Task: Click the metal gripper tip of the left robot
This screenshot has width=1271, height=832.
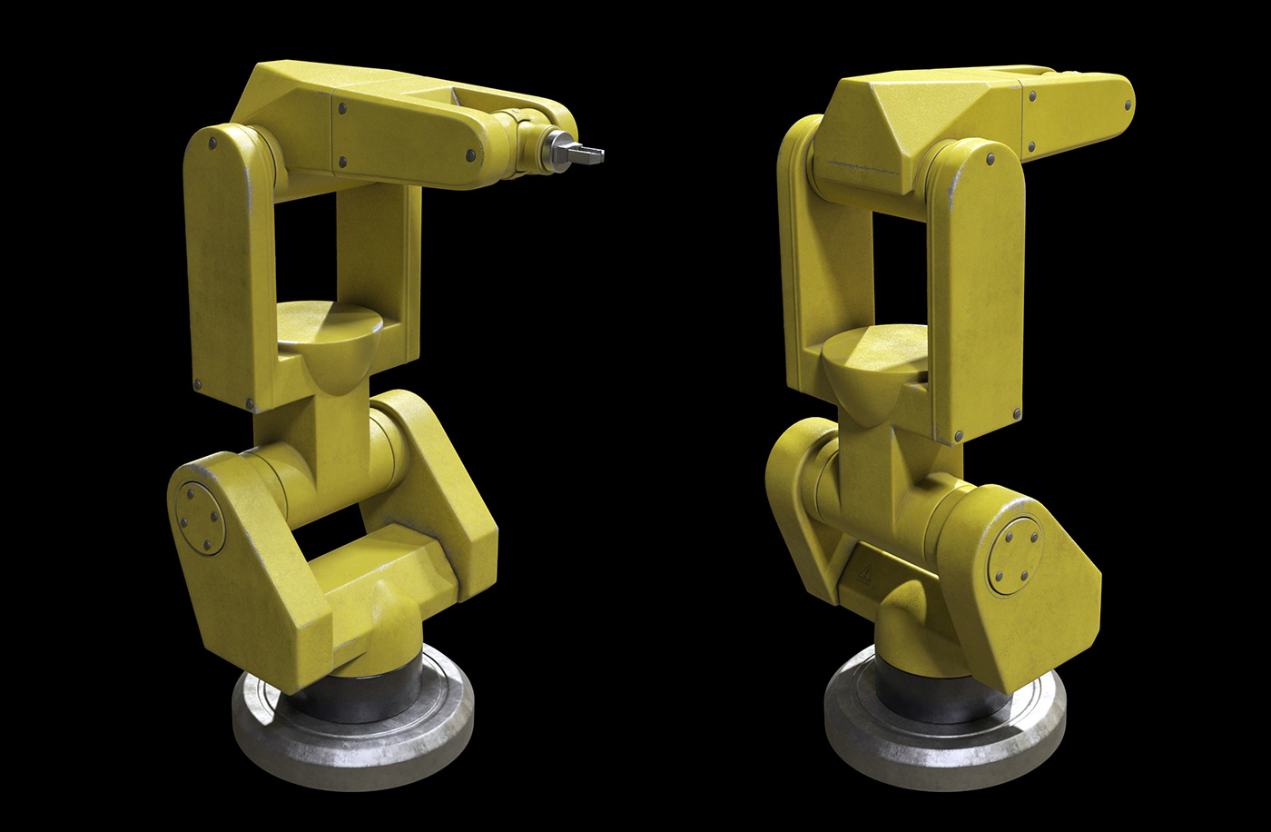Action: pos(588,155)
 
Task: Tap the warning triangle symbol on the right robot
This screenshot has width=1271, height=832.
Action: pos(864,573)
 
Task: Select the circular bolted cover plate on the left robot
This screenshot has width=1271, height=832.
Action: pos(200,518)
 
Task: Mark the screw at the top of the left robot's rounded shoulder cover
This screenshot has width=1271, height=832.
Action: pos(212,144)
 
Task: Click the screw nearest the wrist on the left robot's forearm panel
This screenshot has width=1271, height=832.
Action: pos(470,155)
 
